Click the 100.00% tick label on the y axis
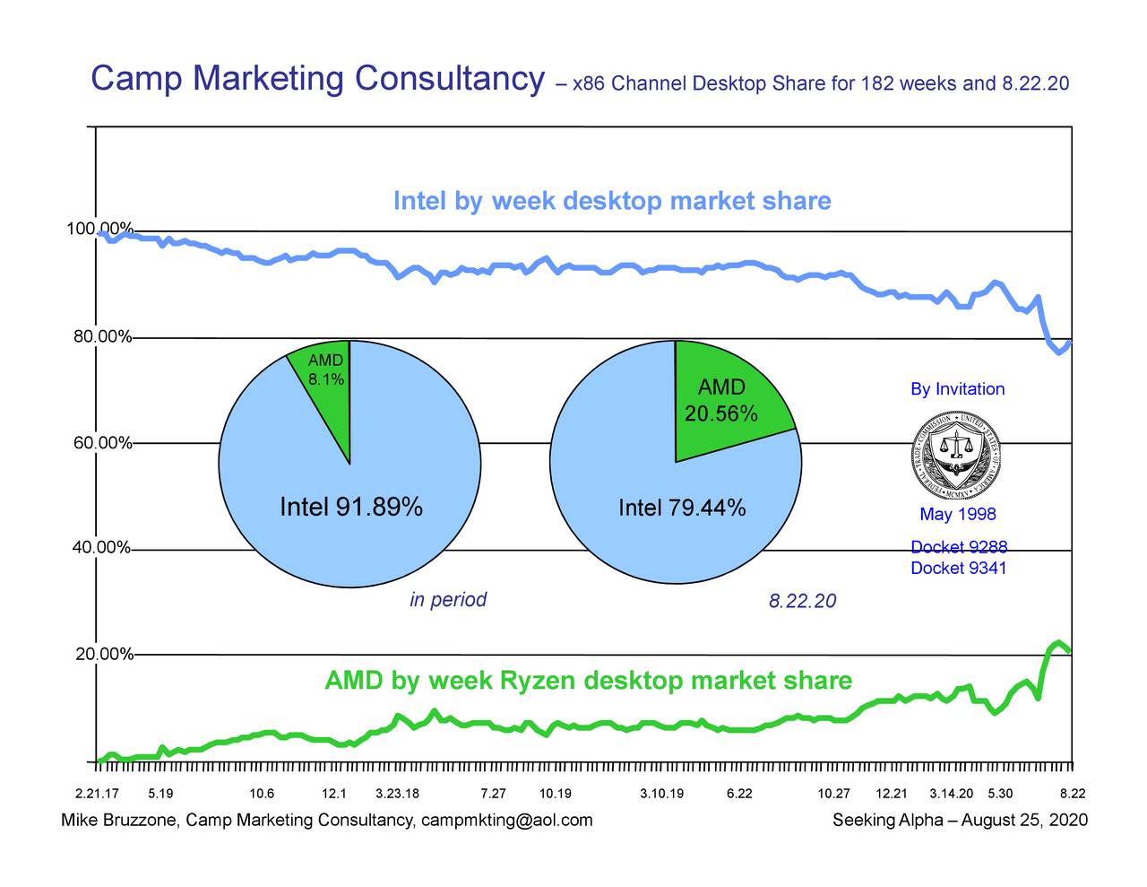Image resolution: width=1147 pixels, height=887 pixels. pos(99,229)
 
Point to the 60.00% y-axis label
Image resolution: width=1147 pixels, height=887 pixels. pos(102,443)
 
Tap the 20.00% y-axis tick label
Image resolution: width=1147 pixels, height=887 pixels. pos(104,655)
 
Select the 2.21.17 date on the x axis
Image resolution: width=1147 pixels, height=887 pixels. pos(96,794)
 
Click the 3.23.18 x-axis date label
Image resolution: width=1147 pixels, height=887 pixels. pos(397,794)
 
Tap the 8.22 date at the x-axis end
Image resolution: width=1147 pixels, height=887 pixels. pos(1073,794)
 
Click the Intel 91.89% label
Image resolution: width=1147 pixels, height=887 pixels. pos(351,508)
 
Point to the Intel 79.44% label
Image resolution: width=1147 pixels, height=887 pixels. pos(682,509)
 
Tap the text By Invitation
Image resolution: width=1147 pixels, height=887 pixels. pos(957,389)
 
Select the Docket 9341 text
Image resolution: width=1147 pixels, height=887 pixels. pos(958,568)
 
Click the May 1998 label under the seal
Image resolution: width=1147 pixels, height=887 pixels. pos(957,514)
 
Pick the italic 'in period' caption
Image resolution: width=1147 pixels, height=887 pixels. pos(448,600)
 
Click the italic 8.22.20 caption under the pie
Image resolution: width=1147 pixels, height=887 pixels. pos(802,601)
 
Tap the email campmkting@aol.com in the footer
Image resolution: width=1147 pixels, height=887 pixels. pos(506,821)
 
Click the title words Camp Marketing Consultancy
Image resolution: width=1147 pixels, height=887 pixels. pos(318,79)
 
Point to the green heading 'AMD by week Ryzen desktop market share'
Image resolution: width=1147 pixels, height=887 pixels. pos(588,681)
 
